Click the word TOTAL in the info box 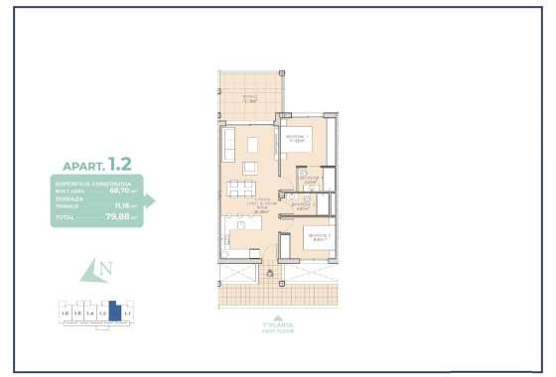(x=65, y=216)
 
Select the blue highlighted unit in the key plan (x=114, y=313)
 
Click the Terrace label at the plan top (x=250, y=97)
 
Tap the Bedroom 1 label (x=297, y=138)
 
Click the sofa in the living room (x=226, y=146)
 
